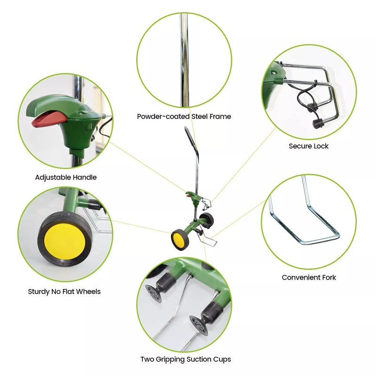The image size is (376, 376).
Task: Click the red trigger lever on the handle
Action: (x=47, y=120)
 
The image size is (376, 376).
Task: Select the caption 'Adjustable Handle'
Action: (x=66, y=177)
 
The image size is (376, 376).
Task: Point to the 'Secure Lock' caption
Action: (x=308, y=146)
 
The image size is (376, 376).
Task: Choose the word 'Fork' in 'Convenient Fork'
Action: (x=328, y=277)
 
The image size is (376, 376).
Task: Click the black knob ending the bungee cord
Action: (x=318, y=123)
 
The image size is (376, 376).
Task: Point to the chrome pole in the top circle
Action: (x=184, y=56)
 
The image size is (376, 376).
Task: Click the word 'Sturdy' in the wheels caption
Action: (x=39, y=291)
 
